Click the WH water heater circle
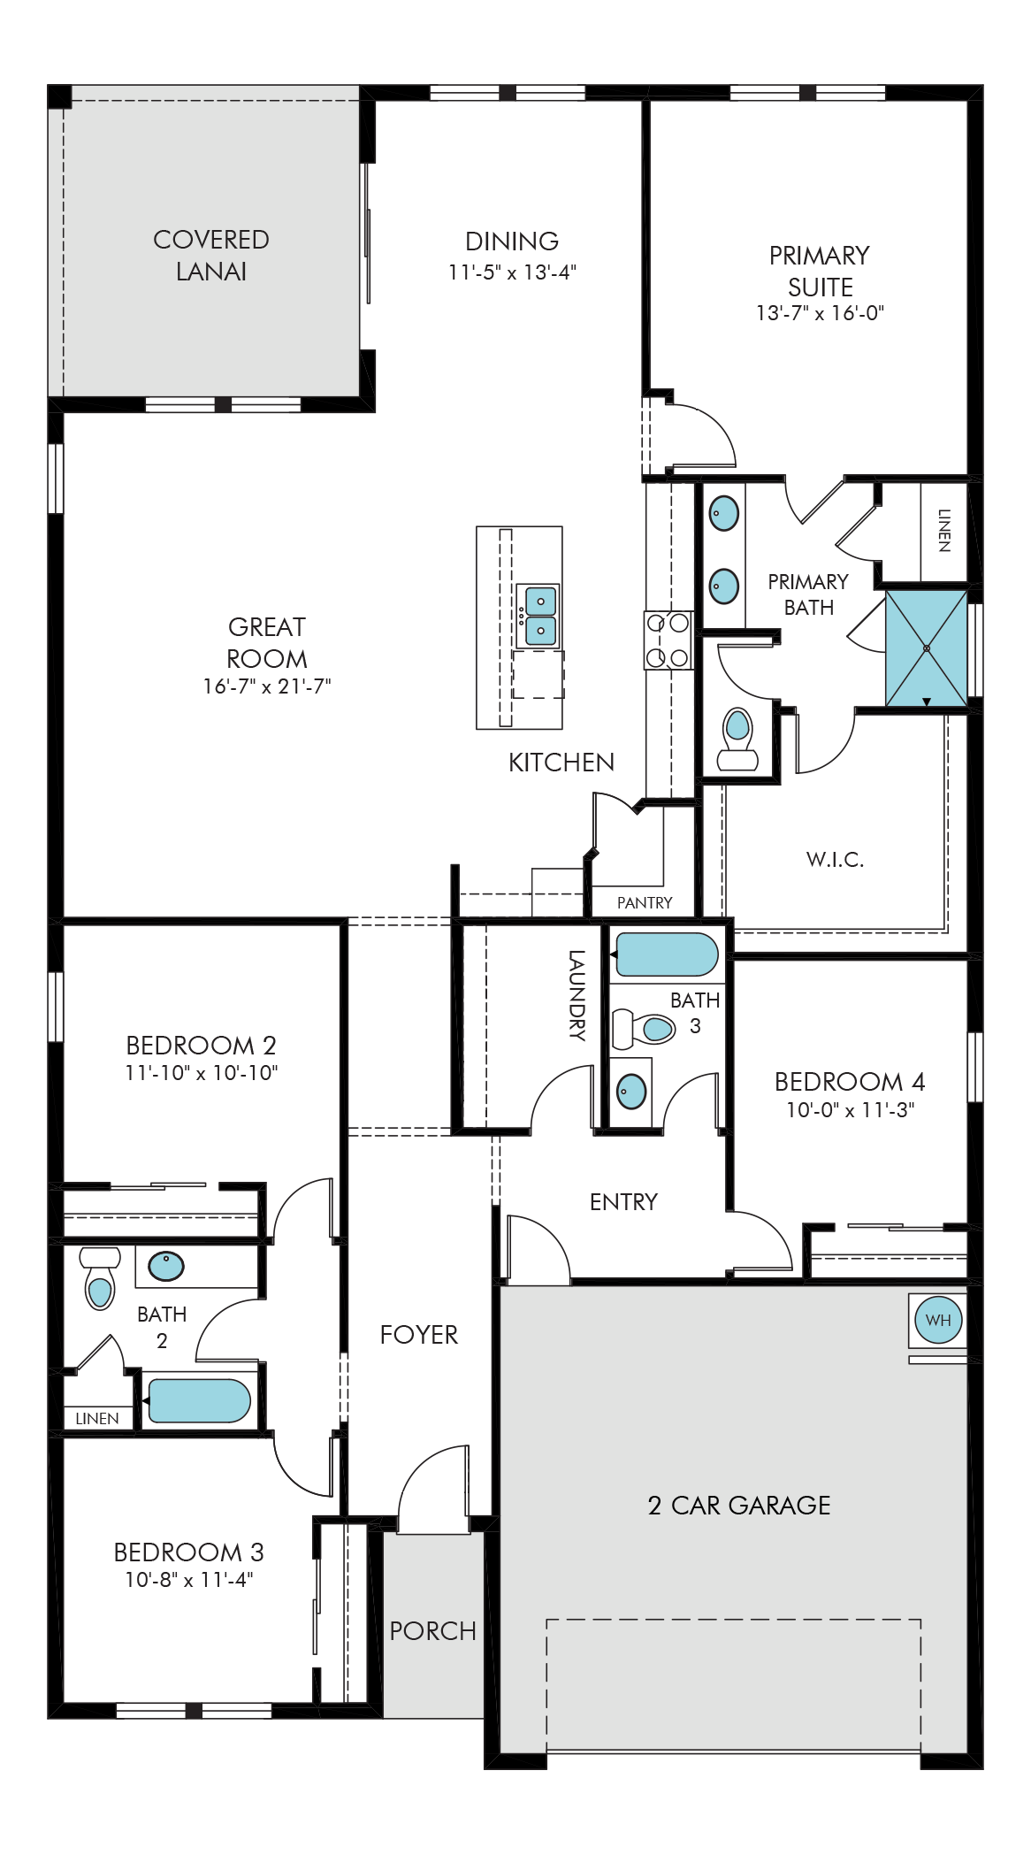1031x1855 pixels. [938, 1320]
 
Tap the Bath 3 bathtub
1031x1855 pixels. [667, 954]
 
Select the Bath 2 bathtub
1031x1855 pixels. [199, 1401]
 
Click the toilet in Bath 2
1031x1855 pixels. [100, 1277]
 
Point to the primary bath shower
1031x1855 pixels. [926, 648]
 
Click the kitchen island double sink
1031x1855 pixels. [538, 616]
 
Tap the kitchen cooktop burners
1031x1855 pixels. [668, 640]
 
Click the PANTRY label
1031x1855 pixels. [645, 902]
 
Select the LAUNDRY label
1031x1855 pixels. [577, 994]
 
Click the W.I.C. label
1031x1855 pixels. [835, 859]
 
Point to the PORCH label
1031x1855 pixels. [433, 1630]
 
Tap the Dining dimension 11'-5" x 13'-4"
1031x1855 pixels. [512, 272]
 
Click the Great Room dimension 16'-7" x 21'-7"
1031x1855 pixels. [267, 686]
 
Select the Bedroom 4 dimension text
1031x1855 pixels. [851, 1110]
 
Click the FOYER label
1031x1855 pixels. [419, 1335]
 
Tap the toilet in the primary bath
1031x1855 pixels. [737, 740]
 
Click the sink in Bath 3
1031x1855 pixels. [631, 1092]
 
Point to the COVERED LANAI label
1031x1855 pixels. [211, 256]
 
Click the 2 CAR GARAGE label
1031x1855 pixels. [739, 1506]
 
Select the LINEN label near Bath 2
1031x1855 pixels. [97, 1419]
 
